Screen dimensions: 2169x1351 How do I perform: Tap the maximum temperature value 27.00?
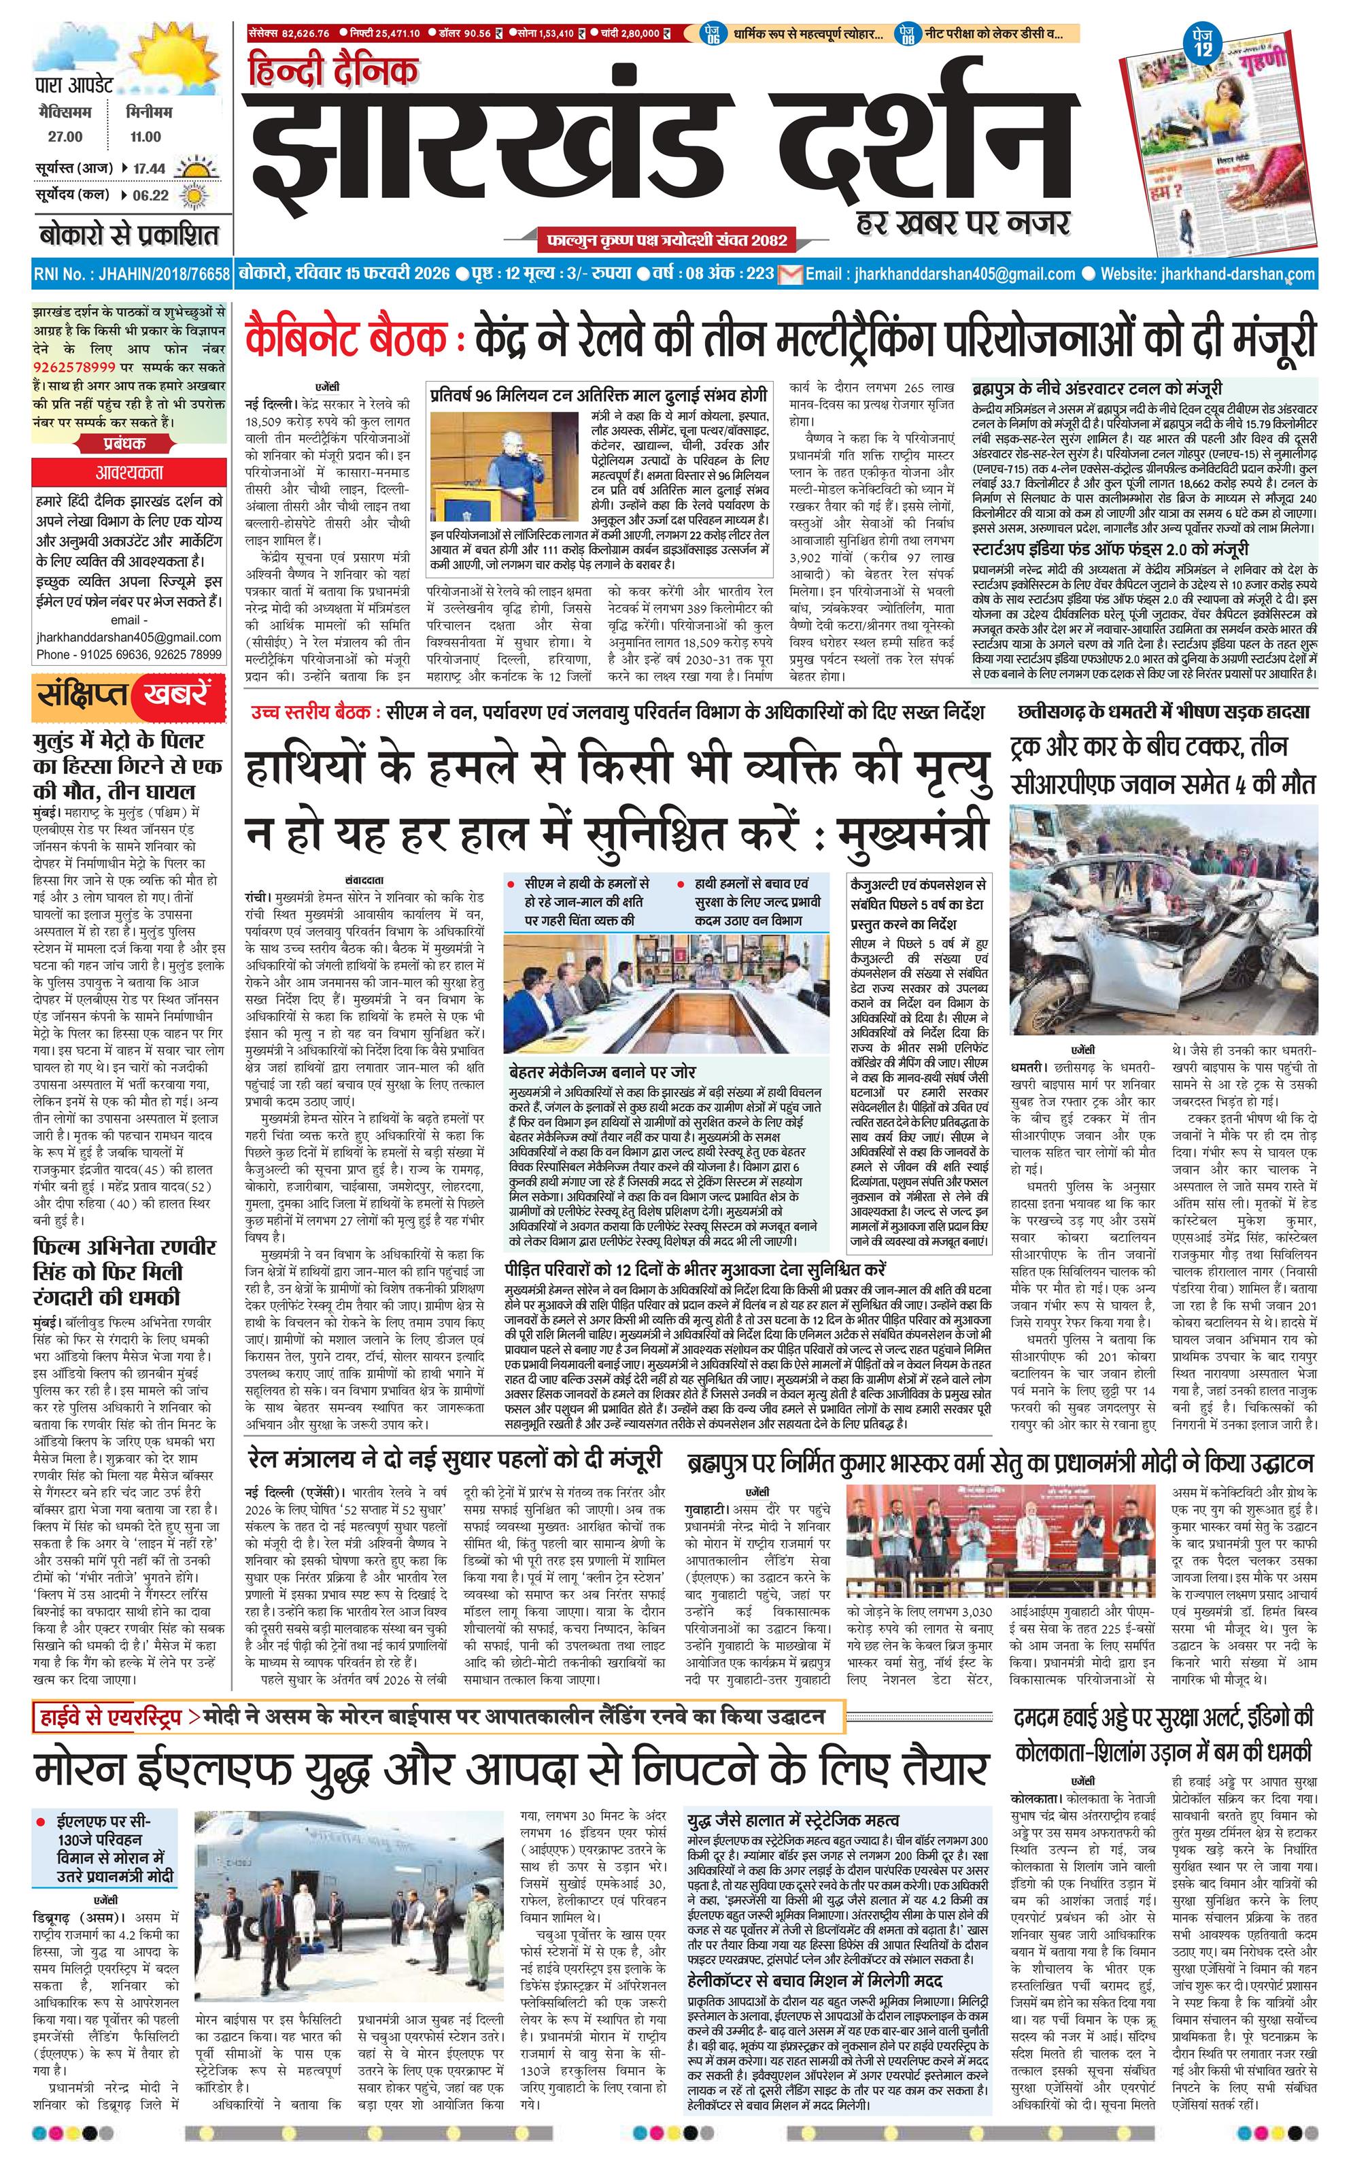pyautogui.click(x=65, y=137)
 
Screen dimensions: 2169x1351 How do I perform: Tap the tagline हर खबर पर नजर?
pyautogui.click(x=961, y=223)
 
